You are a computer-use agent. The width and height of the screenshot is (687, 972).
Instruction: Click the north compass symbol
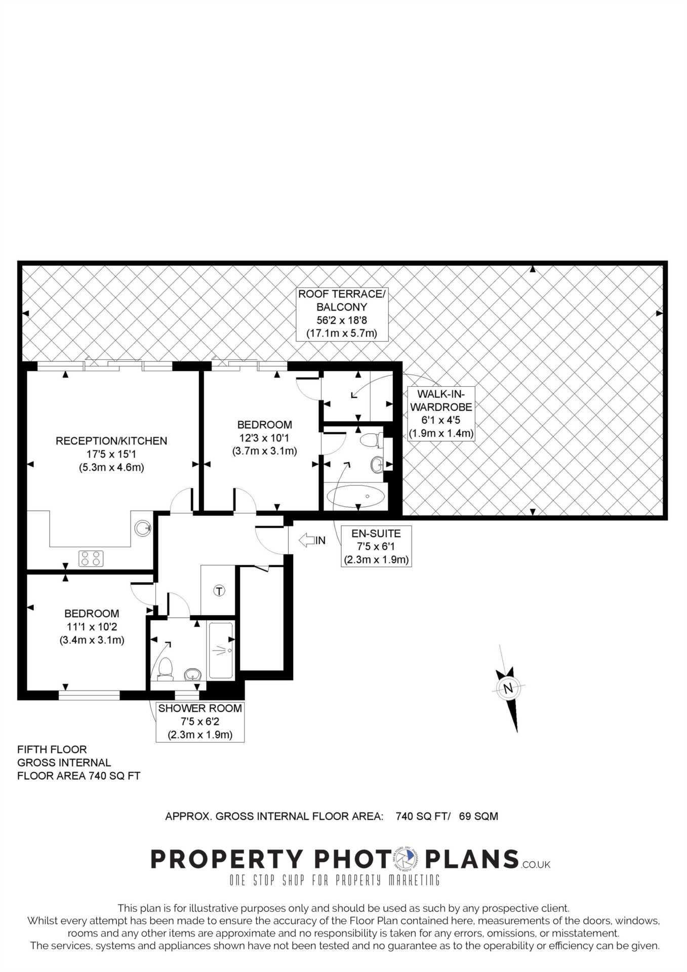509,688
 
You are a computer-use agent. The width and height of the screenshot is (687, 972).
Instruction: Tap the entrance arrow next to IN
306,540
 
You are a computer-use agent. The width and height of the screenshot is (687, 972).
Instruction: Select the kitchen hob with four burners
91,558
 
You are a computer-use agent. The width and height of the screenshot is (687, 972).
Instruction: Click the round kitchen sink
142,529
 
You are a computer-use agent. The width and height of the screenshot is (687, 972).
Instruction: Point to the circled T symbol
219,590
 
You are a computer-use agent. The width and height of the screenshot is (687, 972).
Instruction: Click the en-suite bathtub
356,496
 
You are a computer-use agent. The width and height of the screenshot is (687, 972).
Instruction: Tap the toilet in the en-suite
373,440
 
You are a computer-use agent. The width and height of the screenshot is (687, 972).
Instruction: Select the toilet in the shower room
165,669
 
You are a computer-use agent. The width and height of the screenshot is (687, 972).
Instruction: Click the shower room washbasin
193,674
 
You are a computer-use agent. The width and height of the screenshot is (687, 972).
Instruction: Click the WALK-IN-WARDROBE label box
441,414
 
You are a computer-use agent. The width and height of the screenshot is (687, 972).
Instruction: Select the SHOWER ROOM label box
200,722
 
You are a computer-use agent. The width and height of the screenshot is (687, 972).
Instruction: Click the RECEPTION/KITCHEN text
111,441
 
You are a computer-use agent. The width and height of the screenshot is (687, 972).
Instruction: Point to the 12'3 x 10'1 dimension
264,438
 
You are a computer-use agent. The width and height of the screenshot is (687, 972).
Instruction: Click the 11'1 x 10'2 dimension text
92,627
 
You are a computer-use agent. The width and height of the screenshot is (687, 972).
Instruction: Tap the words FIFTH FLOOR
52,749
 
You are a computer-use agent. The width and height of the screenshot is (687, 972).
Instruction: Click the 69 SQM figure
478,816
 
